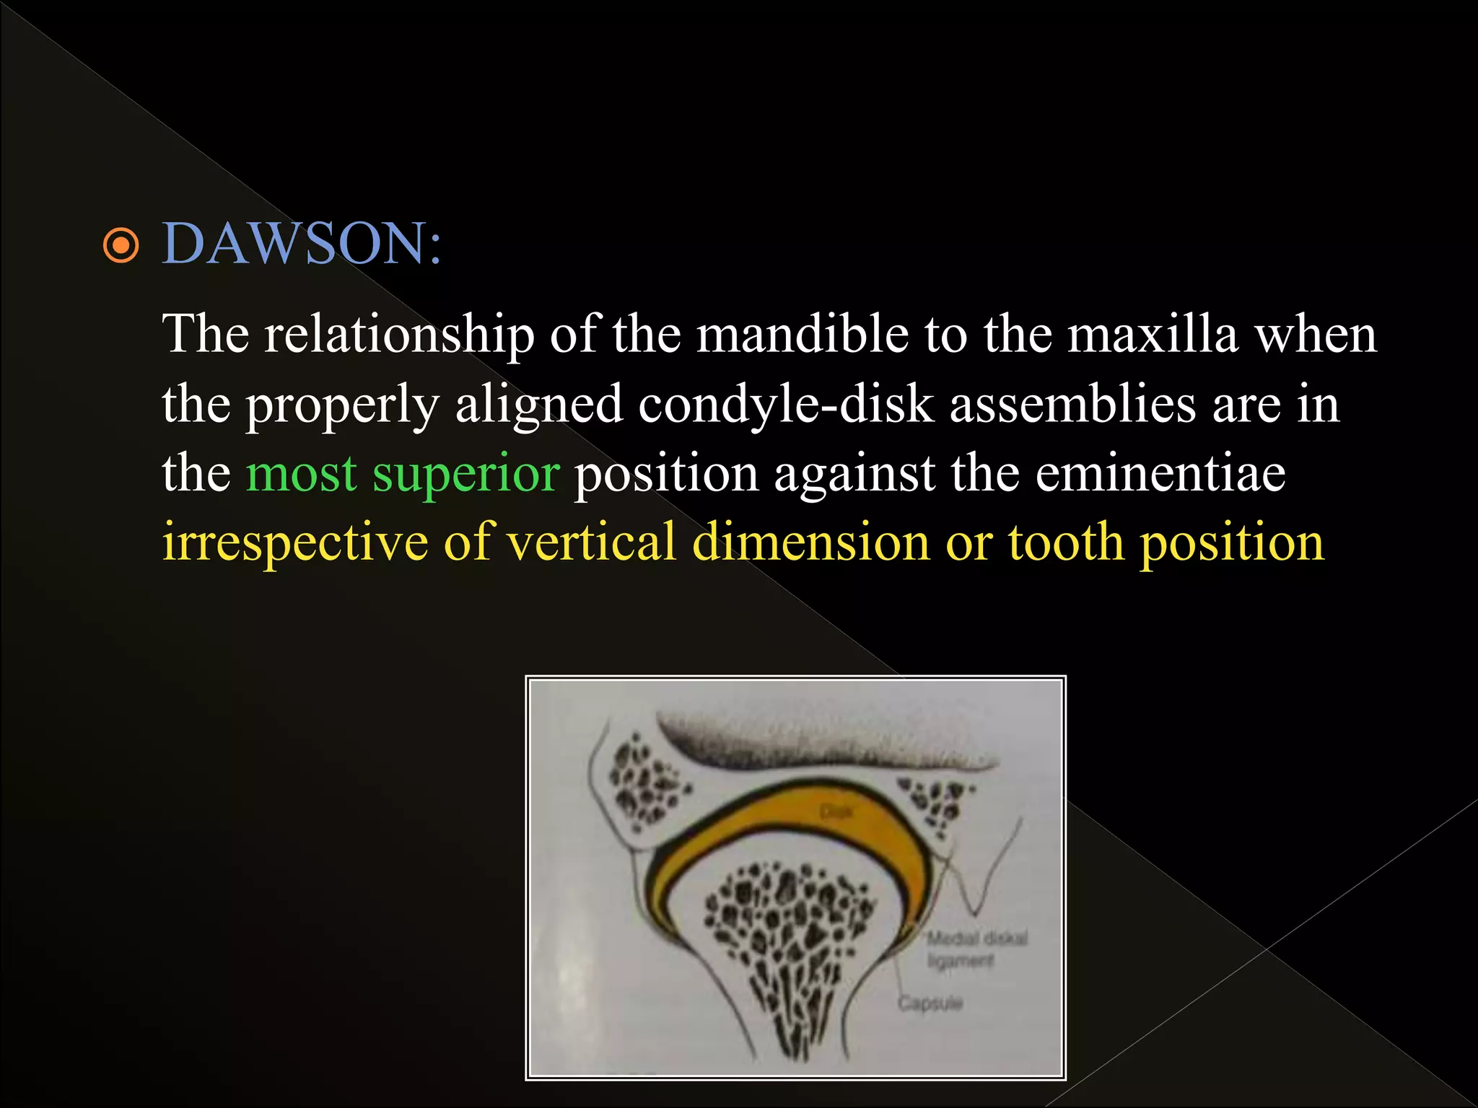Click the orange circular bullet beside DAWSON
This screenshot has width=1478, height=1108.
click(121, 246)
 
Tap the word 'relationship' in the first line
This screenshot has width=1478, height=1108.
click(398, 335)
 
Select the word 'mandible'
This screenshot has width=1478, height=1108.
click(802, 335)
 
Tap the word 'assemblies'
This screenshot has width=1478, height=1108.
click(1072, 404)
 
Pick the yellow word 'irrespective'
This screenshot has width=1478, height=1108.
click(294, 542)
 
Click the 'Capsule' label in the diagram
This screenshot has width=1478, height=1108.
click(930, 1003)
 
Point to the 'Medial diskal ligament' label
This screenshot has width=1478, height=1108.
click(976, 949)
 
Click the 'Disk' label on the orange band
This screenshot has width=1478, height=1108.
click(836, 812)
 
